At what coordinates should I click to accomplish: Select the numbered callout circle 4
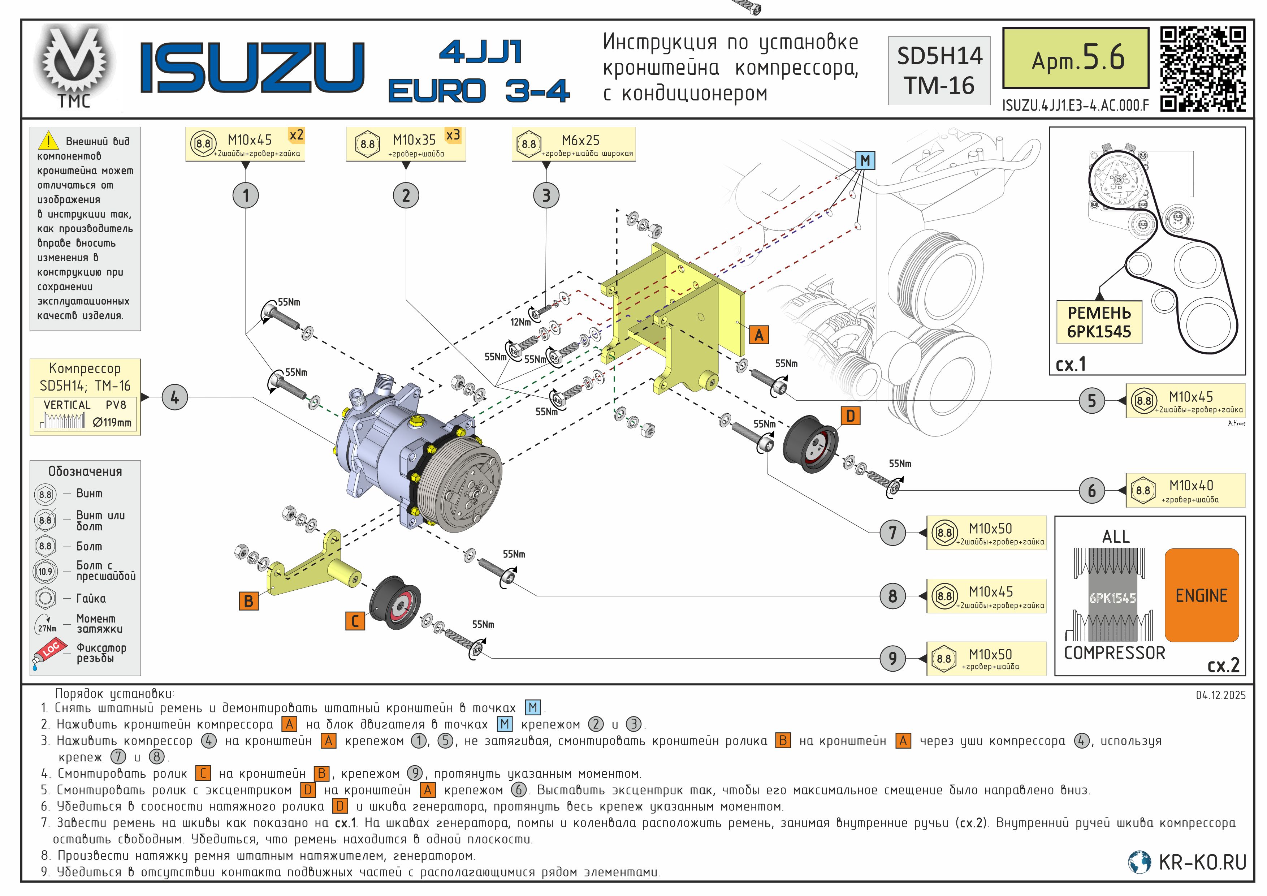[x=174, y=397]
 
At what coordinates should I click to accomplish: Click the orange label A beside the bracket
[x=759, y=335]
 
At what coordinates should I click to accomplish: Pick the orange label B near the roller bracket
[x=248, y=601]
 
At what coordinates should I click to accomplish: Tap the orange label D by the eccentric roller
[x=850, y=416]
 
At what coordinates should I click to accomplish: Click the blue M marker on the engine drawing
[x=865, y=161]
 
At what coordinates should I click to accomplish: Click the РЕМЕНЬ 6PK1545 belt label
[x=1099, y=322]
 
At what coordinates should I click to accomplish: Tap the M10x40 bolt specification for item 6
[x=1185, y=490]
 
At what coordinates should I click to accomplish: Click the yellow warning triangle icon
[x=48, y=141]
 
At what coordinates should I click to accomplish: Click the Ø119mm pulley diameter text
[x=112, y=422]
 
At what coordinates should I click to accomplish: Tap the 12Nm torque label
[x=520, y=322]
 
